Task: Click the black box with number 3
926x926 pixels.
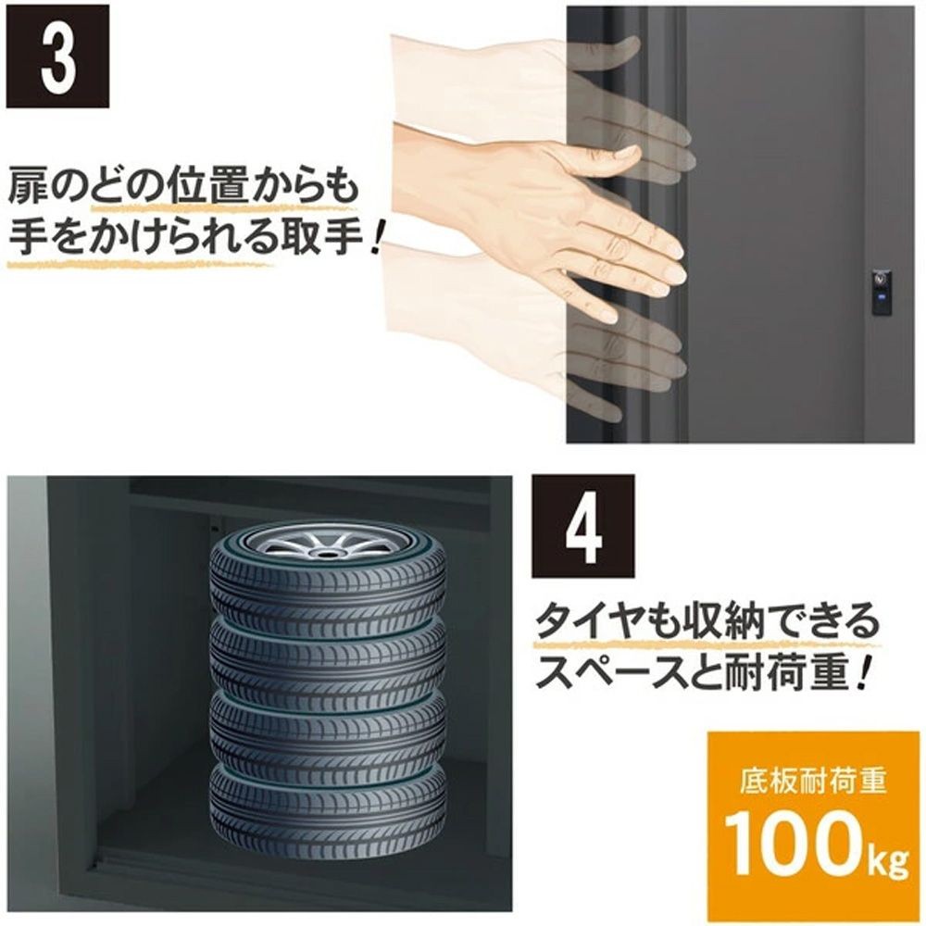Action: [x=57, y=56]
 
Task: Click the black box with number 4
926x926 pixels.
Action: [x=582, y=526]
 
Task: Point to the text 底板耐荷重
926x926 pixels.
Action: [x=813, y=779]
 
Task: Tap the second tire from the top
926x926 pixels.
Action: [x=329, y=656]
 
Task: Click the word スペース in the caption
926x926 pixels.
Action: [x=611, y=673]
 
